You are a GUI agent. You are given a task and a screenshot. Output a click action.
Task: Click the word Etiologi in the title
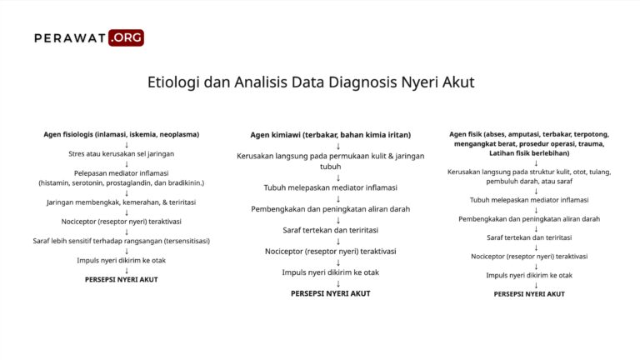(174, 82)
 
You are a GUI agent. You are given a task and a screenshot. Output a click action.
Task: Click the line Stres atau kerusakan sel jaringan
(121, 153)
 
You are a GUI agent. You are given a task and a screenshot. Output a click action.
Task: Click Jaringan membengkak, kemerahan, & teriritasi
(121, 202)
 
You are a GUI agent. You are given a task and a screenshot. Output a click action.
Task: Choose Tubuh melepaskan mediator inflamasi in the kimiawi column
(331, 187)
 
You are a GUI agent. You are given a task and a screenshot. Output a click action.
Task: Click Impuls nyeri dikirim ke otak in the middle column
(331, 272)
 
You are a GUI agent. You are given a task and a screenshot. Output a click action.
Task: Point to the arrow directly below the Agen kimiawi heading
(337, 146)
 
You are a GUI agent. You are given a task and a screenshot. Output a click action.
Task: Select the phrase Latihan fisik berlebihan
(529, 153)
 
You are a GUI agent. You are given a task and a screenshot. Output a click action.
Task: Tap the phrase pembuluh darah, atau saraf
(529, 182)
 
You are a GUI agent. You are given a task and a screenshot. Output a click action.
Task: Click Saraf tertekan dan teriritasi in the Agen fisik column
(529, 237)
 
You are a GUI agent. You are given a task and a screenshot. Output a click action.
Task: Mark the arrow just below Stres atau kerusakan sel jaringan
(127, 163)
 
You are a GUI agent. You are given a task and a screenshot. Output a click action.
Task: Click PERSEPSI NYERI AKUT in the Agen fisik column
(529, 293)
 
